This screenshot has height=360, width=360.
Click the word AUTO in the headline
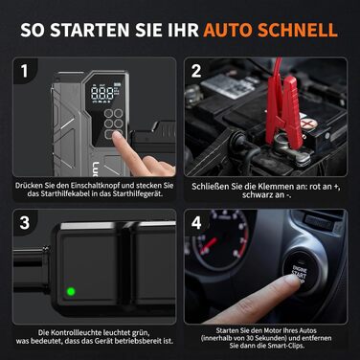(x=228, y=30)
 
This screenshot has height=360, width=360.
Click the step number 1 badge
(x=24, y=71)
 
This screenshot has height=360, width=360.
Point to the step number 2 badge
(x=195, y=71)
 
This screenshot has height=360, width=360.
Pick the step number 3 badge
(x=24, y=223)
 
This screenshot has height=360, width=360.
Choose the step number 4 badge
(x=195, y=223)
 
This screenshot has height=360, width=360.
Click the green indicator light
(x=71, y=291)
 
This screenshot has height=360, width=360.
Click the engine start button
(x=299, y=273)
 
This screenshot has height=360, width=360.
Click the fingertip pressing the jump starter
(x=117, y=136)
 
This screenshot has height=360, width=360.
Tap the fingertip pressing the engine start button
(x=290, y=281)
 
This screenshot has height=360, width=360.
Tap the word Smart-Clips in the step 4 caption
(x=285, y=346)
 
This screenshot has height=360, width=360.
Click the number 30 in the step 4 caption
(x=250, y=338)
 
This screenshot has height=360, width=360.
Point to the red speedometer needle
(x=209, y=245)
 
